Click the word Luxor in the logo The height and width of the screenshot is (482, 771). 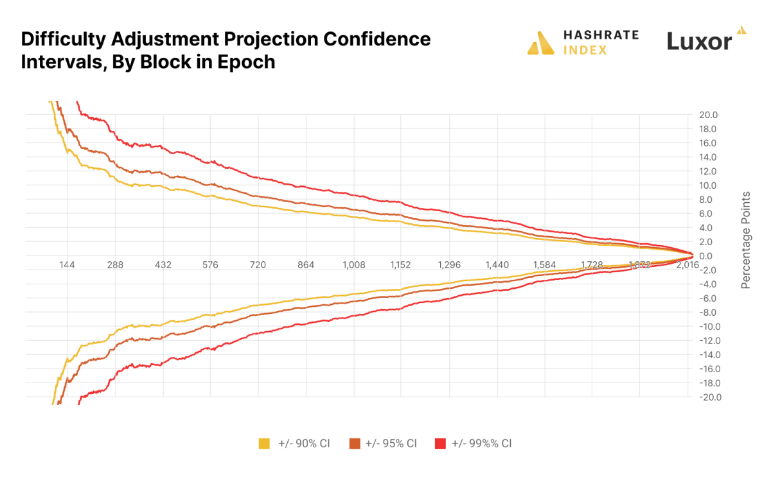[x=699, y=42]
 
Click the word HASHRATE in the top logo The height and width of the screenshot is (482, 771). [x=600, y=36]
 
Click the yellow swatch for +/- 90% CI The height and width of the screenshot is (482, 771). [x=264, y=443]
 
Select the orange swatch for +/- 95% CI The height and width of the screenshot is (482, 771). [x=354, y=443]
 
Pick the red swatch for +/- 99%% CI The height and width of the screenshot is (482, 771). [x=440, y=443]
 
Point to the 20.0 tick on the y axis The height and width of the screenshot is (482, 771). [x=708, y=115]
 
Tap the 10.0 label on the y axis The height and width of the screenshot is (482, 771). [x=708, y=185]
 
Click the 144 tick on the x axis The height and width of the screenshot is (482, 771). [x=67, y=264]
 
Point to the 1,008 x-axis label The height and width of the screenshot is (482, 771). [x=354, y=264]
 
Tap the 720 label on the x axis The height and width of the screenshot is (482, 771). [x=258, y=264]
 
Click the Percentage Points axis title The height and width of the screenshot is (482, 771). [x=746, y=239]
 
